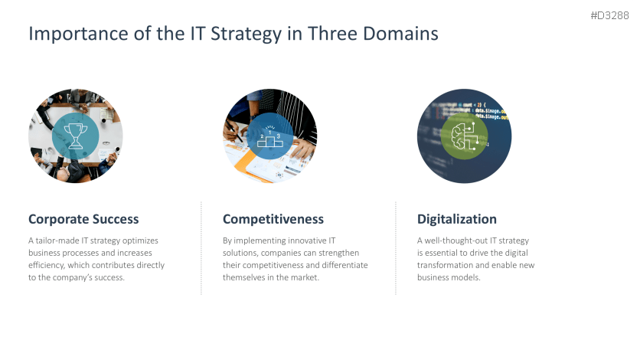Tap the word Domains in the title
click(x=402, y=34)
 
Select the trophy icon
click(x=75, y=136)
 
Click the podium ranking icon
click(x=270, y=136)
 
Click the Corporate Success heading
click(x=83, y=219)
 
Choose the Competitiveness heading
click(x=273, y=219)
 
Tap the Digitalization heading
click(x=457, y=219)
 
